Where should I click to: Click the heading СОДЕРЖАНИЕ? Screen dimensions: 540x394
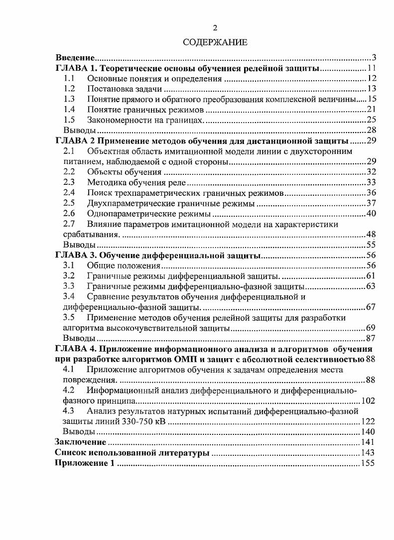click(x=215, y=43)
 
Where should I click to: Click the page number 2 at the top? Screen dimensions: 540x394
click(x=215, y=28)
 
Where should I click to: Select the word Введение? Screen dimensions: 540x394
click(x=75, y=58)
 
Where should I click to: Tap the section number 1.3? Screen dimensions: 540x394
click(x=69, y=99)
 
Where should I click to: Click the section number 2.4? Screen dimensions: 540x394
click(x=69, y=193)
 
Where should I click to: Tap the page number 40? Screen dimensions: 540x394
click(x=371, y=214)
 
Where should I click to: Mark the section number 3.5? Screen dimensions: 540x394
click(x=69, y=318)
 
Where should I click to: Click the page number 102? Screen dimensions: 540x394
click(x=368, y=400)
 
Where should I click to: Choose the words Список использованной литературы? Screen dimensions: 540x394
click(x=131, y=453)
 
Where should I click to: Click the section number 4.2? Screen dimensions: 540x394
click(x=69, y=390)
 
